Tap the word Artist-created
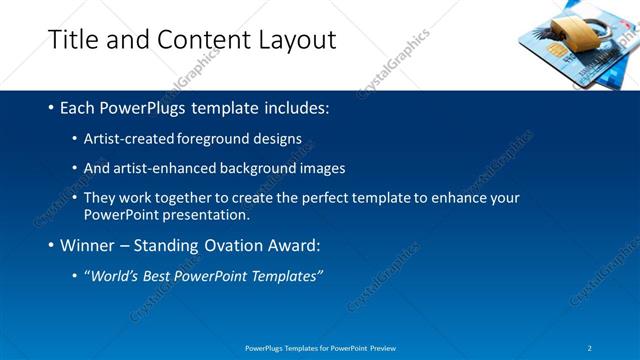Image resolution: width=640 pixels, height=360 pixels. coord(128,138)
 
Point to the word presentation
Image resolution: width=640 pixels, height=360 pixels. coord(211,214)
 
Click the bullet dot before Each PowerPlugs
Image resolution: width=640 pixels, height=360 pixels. coord(51,107)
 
